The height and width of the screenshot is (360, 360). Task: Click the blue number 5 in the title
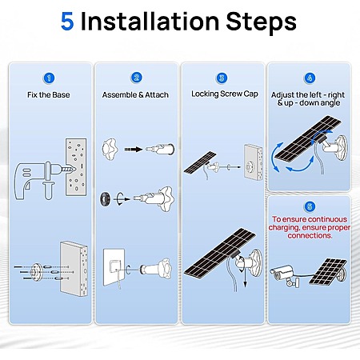pos(67,22)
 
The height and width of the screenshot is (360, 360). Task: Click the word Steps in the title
pos(262,22)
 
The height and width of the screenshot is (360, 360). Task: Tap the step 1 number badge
pos(49,78)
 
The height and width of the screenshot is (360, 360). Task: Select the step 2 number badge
pos(137,78)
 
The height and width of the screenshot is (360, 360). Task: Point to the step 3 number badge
pos(222,78)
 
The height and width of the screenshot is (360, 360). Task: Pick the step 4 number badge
pos(310,78)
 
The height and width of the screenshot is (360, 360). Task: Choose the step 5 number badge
pos(310,206)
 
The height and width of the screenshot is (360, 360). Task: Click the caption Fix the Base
pos(49,95)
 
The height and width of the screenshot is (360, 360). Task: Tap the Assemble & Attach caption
pos(135,95)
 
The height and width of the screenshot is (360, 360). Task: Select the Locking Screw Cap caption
pos(225,94)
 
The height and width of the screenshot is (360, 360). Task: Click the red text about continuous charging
pos(310,227)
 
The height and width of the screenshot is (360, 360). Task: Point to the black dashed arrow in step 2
pos(134,150)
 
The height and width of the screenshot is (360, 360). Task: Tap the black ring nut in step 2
pos(105,198)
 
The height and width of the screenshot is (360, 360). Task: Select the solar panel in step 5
pos(329,272)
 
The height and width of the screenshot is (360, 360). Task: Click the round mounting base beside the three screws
pos(36,272)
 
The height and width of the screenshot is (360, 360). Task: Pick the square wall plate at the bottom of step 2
pos(114,267)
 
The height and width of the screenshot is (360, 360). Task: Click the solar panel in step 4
pos(308,138)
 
